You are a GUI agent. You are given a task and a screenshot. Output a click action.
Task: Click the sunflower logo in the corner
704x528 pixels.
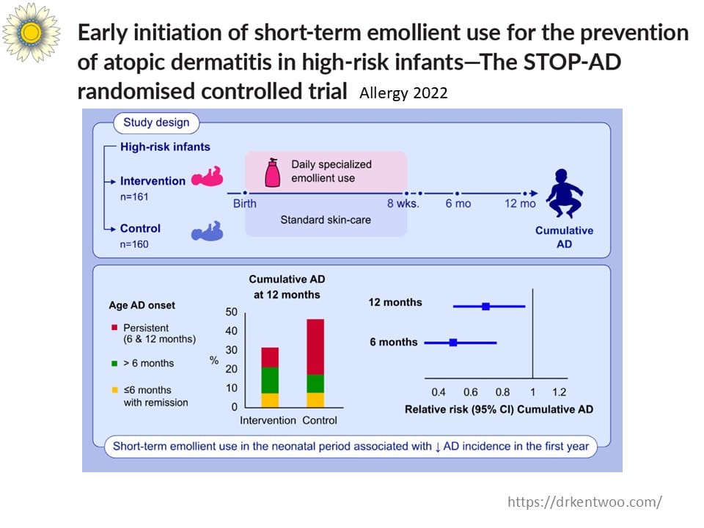31,32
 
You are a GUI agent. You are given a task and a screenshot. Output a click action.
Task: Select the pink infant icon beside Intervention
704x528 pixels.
207,178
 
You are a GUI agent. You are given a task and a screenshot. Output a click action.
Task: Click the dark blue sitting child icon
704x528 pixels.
565,193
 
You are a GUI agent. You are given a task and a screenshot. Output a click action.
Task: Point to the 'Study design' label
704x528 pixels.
155,122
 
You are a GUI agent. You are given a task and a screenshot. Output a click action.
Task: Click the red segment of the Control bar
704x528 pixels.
315,347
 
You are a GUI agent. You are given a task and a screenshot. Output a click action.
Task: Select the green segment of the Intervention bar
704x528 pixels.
270,379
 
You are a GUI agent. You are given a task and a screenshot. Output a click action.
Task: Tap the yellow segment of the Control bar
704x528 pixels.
315,400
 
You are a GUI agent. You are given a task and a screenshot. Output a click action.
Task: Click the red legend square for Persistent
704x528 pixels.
115,328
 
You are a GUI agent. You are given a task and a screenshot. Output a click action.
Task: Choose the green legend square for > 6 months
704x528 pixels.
115,363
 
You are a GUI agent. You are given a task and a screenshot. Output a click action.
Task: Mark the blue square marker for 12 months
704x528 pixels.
485,306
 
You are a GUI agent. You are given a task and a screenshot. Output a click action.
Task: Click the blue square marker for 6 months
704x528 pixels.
453,342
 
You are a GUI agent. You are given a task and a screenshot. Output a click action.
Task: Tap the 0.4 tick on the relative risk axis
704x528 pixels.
439,392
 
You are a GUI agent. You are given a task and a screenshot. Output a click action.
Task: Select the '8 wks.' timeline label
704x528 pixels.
403,203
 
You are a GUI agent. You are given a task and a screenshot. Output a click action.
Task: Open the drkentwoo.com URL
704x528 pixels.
584,502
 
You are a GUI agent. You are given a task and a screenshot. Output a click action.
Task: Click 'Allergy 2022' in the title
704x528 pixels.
403,94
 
